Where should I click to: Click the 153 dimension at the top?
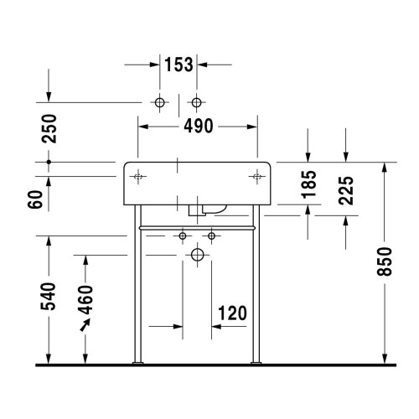point(178,65)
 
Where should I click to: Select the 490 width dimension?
point(198,127)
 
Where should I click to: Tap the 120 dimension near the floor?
point(230,313)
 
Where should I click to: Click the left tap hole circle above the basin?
point(159,102)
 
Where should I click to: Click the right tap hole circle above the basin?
point(197,102)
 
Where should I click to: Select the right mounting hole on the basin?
point(256,177)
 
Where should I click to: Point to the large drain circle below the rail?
point(197,253)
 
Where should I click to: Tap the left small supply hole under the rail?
point(182,237)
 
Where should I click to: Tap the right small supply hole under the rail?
point(212,237)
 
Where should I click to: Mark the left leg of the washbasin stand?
point(137,293)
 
